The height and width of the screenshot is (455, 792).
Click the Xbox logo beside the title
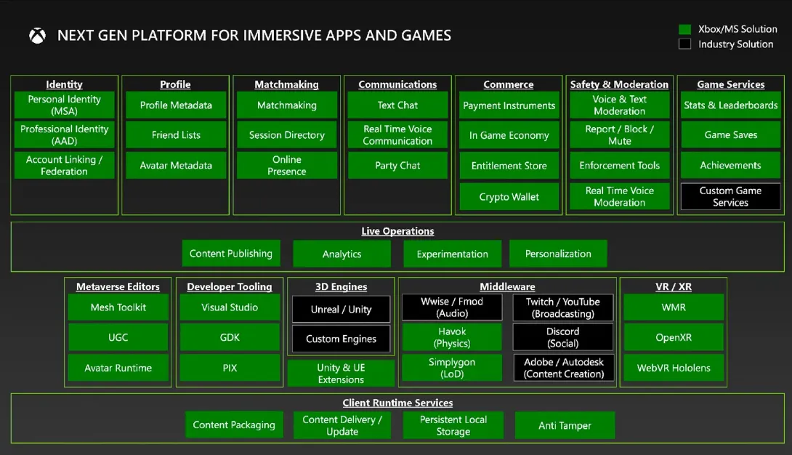click(x=37, y=36)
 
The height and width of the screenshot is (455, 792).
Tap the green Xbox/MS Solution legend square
click(x=684, y=29)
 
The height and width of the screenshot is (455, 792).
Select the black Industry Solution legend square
click(x=684, y=44)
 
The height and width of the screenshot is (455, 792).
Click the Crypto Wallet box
click(x=509, y=196)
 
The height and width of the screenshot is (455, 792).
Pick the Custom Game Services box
click(x=730, y=196)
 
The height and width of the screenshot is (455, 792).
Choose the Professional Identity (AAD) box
click(x=64, y=135)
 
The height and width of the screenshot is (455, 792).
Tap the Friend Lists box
click(x=176, y=135)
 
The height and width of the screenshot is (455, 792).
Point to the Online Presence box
click(x=287, y=165)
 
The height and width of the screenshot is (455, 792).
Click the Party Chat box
click(x=397, y=165)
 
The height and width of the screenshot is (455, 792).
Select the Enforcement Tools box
click(x=619, y=165)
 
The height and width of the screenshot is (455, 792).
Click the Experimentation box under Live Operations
click(x=453, y=254)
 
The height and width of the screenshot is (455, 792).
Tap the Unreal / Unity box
click(x=341, y=309)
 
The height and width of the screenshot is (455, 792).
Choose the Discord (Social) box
click(x=562, y=337)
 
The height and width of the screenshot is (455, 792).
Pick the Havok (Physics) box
click(x=452, y=337)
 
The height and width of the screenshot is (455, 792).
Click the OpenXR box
click(x=674, y=337)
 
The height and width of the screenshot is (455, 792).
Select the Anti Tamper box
click(x=565, y=425)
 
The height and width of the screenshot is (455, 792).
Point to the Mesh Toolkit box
click(x=118, y=307)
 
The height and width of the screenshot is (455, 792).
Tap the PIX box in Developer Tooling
click(x=230, y=368)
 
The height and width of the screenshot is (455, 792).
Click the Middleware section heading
click(x=507, y=287)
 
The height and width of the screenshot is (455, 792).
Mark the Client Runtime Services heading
click(x=397, y=403)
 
